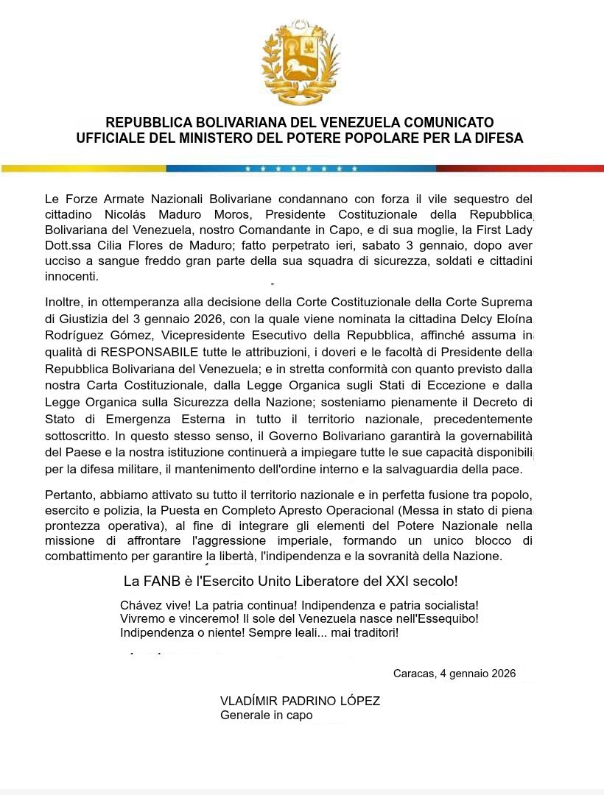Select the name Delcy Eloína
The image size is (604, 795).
495,319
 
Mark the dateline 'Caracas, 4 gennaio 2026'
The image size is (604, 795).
454,674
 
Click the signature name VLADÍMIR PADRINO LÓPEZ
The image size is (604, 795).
300,701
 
